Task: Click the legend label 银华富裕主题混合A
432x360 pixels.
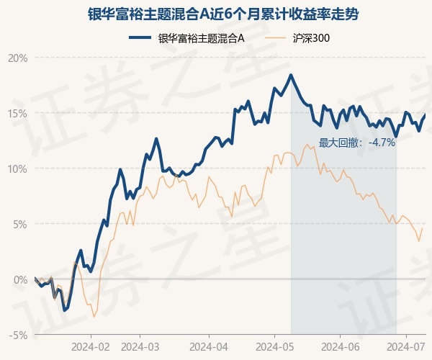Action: (202, 38)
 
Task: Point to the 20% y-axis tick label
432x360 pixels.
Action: (18, 58)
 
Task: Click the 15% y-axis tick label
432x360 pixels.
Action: (18, 113)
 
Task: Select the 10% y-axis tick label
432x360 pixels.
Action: (18, 168)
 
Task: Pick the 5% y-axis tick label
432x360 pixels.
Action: (20, 224)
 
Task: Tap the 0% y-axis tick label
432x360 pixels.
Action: (20, 279)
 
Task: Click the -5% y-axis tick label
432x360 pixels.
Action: (19, 335)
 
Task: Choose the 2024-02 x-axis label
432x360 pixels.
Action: (91, 346)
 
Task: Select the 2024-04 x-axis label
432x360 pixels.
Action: (209, 346)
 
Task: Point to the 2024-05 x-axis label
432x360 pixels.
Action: (276, 346)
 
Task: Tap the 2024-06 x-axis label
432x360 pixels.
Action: (341, 346)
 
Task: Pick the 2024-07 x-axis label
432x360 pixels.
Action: (407, 346)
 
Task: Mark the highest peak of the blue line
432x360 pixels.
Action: (291, 75)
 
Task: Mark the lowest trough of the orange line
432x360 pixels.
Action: (94, 317)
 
